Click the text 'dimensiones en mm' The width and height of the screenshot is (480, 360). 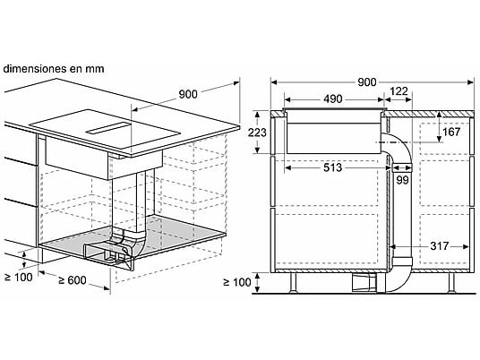(54, 69)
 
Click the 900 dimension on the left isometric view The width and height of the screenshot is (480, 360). (188, 94)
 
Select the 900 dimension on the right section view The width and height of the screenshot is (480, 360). (367, 82)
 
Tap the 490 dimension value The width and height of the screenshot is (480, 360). (332, 99)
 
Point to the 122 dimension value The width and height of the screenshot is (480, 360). (399, 91)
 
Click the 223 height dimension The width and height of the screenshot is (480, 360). (257, 133)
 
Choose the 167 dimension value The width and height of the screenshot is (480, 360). (451, 132)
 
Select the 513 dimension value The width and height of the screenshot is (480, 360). (332, 167)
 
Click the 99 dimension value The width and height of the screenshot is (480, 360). (402, 180)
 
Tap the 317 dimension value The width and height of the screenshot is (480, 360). (440, 245)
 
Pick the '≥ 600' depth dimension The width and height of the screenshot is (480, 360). (73, 279)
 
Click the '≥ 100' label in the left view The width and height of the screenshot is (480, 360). (19, 278)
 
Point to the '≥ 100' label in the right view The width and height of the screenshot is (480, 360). (237, 282)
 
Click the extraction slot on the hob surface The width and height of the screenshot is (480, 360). (107, 128)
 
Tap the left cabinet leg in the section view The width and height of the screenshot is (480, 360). (293, 282)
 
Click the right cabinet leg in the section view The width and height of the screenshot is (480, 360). (451, 282)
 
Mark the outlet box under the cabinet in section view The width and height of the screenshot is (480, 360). (364, 282)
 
